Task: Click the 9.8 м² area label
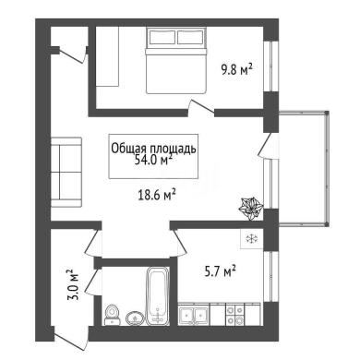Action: click(236, 70)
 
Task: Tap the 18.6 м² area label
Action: click(157, 195)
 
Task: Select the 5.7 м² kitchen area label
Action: click(221, 271)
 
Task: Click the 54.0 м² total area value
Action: click(153, 161)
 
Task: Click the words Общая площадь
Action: click(153, 149)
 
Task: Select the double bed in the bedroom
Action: click(175, 61)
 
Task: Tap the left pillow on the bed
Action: click(162, 37)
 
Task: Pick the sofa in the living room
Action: click(66, 173)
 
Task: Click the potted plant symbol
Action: click(251, 209)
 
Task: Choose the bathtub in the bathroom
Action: click(158, 295)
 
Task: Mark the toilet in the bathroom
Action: click(112, 315)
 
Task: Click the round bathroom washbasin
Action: click(135, 318)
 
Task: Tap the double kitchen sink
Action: click(194, 315)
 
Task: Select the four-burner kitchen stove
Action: click(235, 315)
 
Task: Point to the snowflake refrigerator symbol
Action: click(251, 239)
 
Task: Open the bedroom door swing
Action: click(201, 107)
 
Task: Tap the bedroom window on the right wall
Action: click(271, 66)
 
